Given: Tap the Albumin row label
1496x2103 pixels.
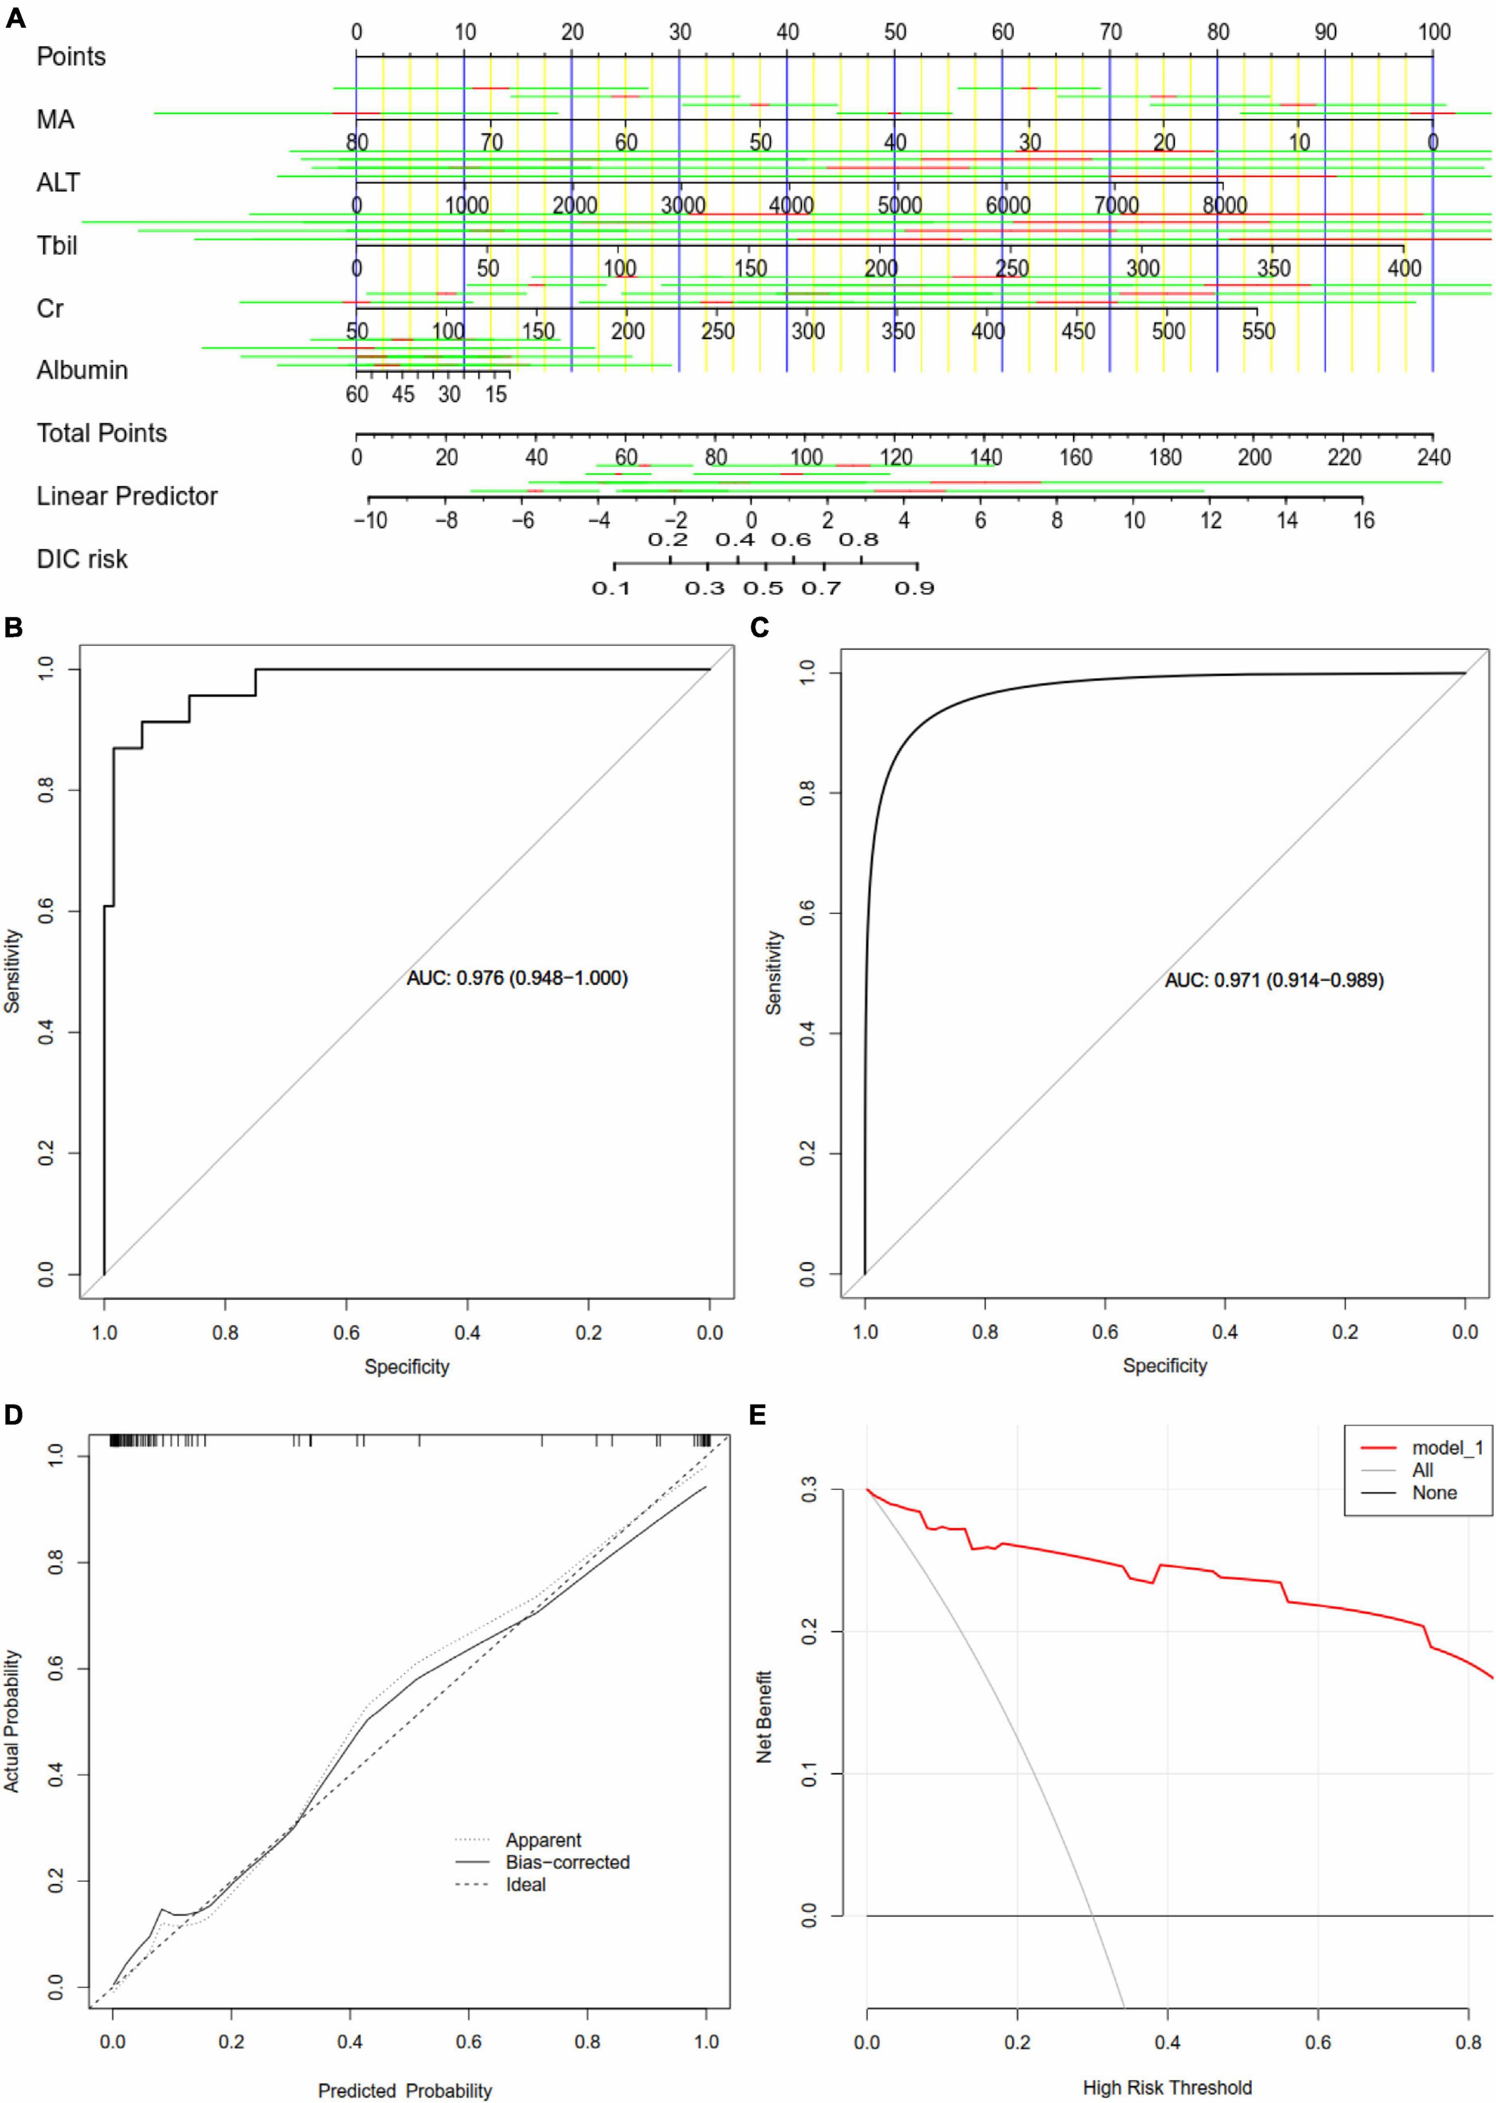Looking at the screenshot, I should [82, 370].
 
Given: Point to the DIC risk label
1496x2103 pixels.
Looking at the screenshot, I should [82, 559].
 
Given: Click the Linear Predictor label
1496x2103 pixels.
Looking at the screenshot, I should [127, 496].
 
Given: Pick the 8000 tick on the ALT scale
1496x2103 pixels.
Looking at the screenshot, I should [1224, 205].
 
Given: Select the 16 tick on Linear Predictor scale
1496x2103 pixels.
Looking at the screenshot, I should [1364, 520].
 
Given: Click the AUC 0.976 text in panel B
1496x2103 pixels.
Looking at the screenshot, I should [517, 978].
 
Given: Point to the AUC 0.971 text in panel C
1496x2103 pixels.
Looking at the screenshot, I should [1274, 981].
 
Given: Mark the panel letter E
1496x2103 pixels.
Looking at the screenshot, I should [758, 1414].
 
